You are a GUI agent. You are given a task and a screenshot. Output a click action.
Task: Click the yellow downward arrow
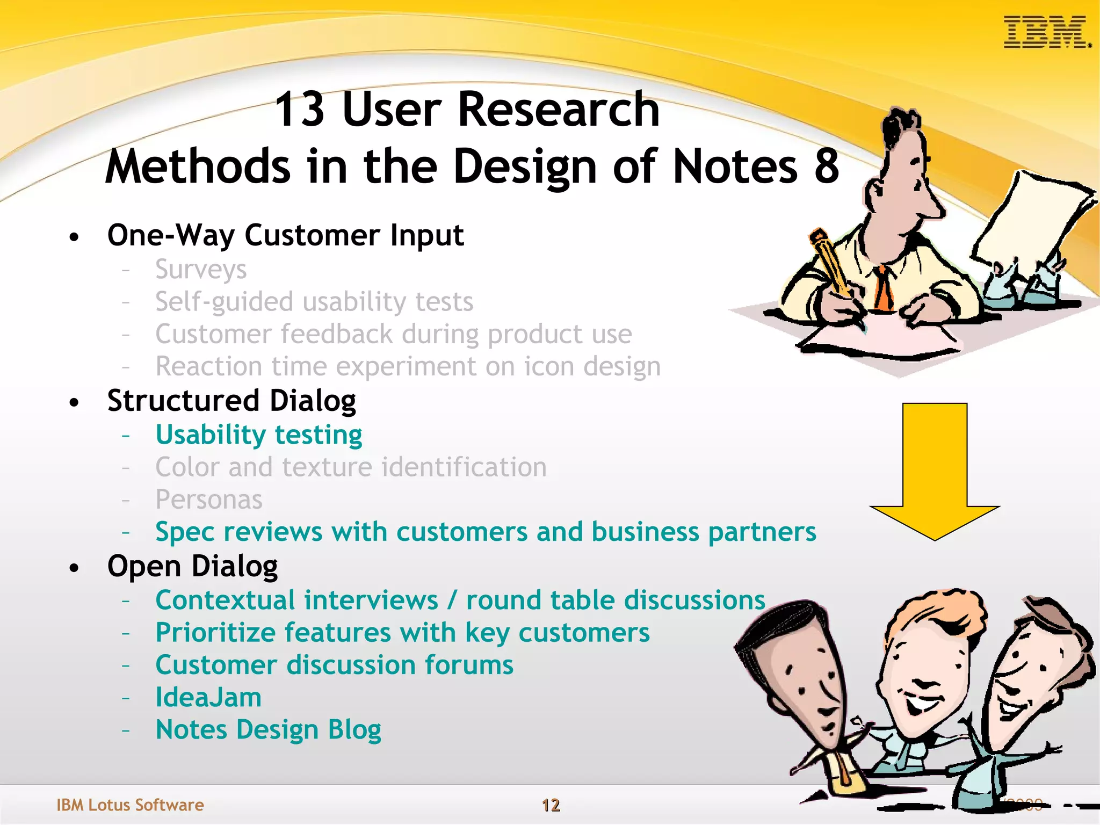(935, 473)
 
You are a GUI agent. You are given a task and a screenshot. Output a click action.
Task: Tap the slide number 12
(551, 805)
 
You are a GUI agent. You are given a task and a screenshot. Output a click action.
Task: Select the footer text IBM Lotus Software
(130, 805)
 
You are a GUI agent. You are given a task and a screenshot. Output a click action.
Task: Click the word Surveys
(201, 269)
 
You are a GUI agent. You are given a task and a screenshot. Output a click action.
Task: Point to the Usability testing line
(258, 435)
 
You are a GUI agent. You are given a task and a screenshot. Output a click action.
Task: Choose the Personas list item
(208, 500)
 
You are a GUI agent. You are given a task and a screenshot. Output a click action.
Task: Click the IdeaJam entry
(208, 697)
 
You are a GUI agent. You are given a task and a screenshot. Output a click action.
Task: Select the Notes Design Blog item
(268, 729)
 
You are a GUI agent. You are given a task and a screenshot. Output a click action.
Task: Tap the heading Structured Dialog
(231, 401)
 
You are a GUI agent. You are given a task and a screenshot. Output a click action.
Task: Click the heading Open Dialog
(192, 566)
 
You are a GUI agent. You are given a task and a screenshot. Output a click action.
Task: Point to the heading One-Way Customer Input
(285, 235)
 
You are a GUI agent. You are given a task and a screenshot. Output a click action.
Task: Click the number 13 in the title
(299, 110)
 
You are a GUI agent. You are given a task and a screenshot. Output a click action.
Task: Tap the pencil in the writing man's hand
(830, 263)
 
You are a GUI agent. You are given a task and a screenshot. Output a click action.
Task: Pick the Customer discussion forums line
(334, 665)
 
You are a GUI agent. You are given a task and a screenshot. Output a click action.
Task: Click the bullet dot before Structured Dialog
(74, 402)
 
